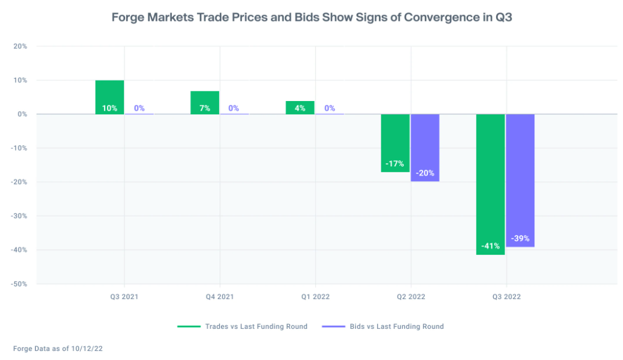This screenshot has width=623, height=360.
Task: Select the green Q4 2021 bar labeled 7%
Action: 205,102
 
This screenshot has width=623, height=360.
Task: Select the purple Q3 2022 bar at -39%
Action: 520,180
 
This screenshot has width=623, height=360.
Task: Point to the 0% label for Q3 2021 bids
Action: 139,108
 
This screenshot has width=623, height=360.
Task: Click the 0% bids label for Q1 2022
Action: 330,108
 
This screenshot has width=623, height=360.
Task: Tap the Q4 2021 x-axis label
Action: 220,297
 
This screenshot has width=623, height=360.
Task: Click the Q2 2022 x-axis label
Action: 411,297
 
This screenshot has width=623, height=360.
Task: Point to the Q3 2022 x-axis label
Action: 506,297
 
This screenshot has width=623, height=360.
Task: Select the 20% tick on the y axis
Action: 20,46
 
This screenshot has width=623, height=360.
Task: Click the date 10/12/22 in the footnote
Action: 94,348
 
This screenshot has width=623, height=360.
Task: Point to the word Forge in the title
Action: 129,17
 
